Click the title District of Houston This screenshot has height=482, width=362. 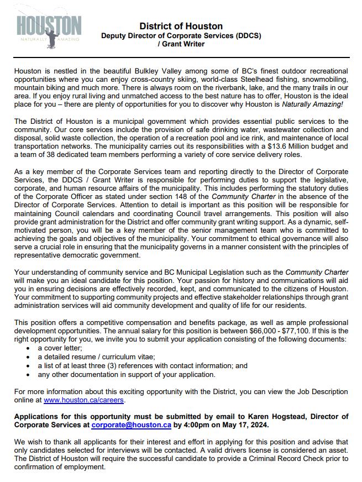click(181, 26)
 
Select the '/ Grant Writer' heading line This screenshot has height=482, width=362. click(181, 44)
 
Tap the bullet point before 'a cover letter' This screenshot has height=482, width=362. click(28, 348)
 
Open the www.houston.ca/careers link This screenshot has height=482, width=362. click(84, 400)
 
